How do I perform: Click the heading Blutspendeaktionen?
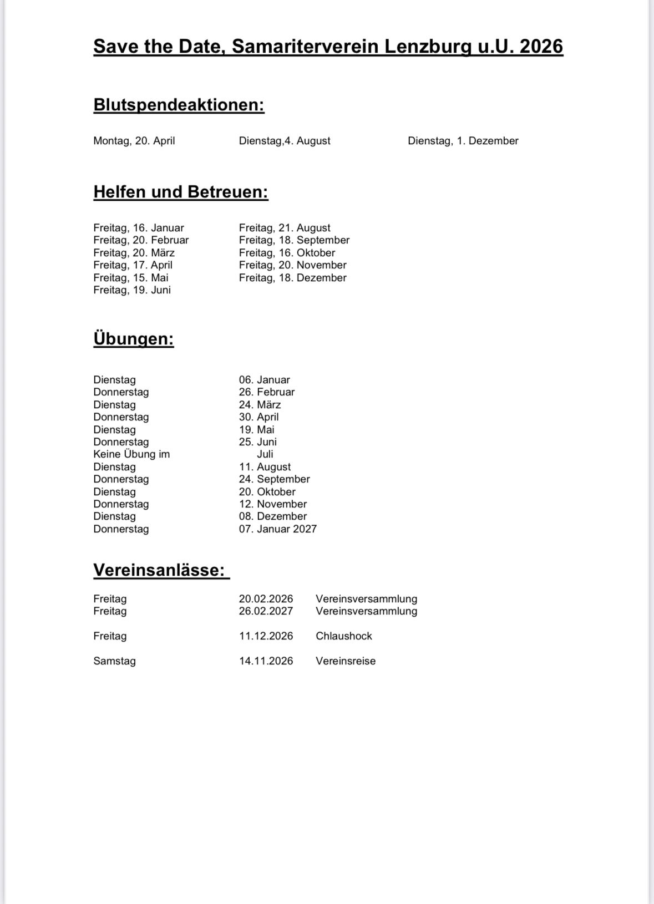(179, 105)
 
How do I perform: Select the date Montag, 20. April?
(134, 141)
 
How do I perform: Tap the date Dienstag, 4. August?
(285, 141)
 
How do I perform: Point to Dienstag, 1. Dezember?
(463, 141)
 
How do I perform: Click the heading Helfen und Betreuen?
(181, 192)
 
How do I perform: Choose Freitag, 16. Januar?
(139, 228)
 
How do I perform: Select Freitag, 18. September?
(294, 240)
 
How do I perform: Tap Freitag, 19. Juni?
(132, 290)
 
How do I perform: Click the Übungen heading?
(134, 339)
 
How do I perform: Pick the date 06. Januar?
(265, 380)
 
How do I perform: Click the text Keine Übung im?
(131, 454)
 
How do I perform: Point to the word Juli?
(265, 454)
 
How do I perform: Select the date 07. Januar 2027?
(278, 529)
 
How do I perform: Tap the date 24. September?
(275, 479)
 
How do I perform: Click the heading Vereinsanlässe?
(159, 570)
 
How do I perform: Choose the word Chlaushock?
(344, 636)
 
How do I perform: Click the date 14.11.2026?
(266, 661)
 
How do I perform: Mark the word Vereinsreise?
(346, 661)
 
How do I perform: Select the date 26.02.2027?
(266, 611)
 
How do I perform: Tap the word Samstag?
(115, 661)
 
